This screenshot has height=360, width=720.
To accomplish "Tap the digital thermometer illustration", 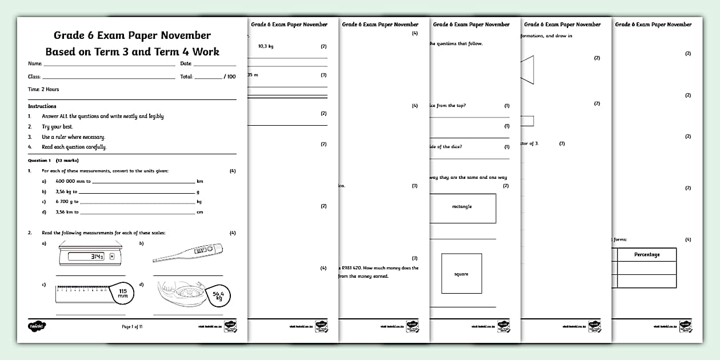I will tap(188, 254).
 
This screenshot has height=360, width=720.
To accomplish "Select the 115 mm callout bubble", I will tap(122, 294).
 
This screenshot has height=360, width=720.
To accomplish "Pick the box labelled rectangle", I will tap(462, 207).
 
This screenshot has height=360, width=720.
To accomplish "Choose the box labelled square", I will tap(461, 274).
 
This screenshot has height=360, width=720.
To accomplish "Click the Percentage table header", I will tap(647, 254).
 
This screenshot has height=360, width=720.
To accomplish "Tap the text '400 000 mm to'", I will tap(73, 181).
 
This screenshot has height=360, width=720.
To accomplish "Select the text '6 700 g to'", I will tap(67, 202).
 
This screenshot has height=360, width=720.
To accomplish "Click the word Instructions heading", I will tap(42, 106).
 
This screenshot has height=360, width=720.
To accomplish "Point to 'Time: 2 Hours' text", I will tap(43, 89).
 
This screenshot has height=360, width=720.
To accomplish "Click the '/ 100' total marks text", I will tap(229, 77).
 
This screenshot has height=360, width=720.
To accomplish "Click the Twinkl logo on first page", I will tap(36, 326).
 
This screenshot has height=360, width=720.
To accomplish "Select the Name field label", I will tap(35, 63).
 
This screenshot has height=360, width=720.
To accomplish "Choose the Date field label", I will tap(186, 63).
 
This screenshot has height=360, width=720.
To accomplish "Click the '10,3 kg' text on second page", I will tap(266, 46).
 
